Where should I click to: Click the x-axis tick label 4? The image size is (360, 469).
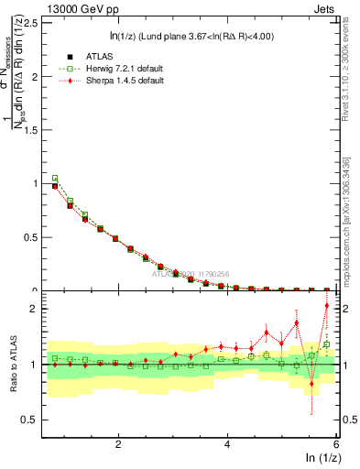pyautogui.click(x=227, y=444)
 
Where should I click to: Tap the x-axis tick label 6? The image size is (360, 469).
pyautogui.click(x=336, y=444)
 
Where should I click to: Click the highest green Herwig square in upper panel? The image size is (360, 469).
pyautogui.click(x=55, y=179)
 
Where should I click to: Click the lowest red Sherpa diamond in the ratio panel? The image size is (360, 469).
pyautogui.click(x=311, y=384)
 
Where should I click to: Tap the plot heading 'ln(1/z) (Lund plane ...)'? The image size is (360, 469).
pyautogui.click(x=191, y=37)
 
